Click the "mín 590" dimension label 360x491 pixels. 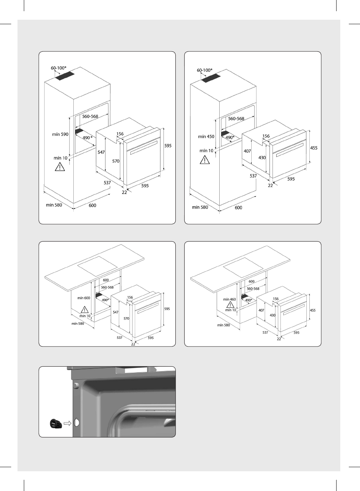pos(60,134)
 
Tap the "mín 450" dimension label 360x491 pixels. pos(206,137)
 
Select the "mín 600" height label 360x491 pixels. pos(83,298)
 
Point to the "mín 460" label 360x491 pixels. pos(229,299)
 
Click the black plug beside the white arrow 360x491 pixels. pos(55,423)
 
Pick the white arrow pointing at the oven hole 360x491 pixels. pos(67,423)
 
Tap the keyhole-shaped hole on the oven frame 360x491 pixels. pos(77,423)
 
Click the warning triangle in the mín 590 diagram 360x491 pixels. pos(60,167)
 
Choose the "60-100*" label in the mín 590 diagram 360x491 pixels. pos(58,68)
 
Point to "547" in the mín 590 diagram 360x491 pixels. pos(101,152)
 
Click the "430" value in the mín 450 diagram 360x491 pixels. pos(262,157)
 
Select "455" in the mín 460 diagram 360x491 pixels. pos(313,310)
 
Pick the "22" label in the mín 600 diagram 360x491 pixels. pos(133,344)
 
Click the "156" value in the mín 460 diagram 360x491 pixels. pos(276,299)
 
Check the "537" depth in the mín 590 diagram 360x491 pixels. pos(107,183)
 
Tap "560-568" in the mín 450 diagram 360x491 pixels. pos(236,119)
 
